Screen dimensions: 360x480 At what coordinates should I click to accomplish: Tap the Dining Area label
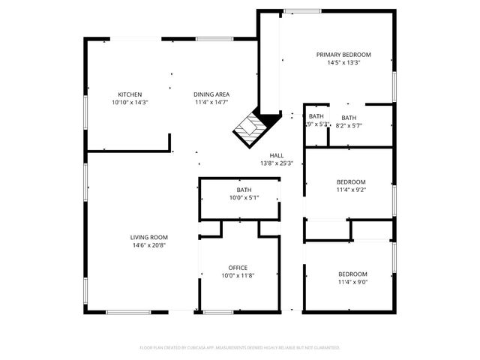tap(211, 94)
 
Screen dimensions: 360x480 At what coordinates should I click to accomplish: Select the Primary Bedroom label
tap(343, 55)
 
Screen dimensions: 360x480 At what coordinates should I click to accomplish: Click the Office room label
tap(238, 268)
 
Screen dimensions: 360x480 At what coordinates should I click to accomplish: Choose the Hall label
tap(277, 155)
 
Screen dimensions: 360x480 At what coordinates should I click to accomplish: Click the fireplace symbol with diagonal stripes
tap(247, 129)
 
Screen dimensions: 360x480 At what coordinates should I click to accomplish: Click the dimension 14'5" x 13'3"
tap(343, 63)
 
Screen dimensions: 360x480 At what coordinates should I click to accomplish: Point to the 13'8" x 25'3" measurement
tap(277, 163)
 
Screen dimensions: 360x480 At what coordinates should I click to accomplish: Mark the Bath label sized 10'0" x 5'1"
tap(244, 190)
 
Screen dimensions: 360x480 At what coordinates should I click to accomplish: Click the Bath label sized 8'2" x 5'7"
tap(349, 118)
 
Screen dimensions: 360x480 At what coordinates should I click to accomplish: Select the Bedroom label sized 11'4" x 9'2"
tap(351, 182)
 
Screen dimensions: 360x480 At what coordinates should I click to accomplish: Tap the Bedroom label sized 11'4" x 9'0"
tap(352, 274)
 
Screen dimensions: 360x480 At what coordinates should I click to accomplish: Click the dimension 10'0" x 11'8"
tap(238, 276)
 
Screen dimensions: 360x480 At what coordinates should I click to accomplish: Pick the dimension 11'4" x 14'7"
tap(211, 102)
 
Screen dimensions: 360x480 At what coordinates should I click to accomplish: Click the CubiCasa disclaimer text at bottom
tap(240, 348)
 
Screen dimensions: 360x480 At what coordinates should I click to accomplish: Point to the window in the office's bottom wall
tap(218, 311)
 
